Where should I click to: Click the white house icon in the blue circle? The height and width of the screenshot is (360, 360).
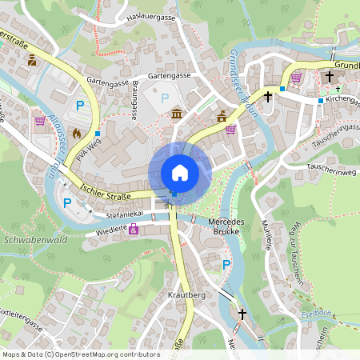click(x=180, y=172)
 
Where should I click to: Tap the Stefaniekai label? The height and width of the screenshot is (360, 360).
click(x=124, y=214)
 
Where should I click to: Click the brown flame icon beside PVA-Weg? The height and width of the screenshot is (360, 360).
click(x=77, y=133)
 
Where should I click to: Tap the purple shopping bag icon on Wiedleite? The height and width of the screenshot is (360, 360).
click(x=134, y=230)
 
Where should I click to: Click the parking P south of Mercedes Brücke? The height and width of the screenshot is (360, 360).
click(x=226, y=264)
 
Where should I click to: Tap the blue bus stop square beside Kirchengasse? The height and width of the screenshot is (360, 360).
click(x=320, y=101)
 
